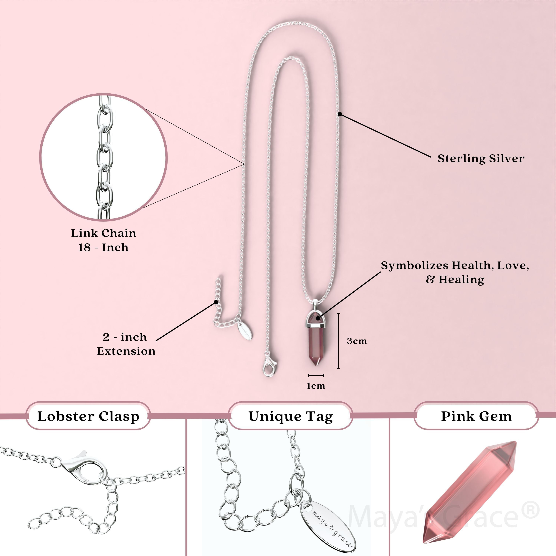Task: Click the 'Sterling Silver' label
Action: point(481,159)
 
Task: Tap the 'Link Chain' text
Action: point(104,233)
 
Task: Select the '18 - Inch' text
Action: point(104,247)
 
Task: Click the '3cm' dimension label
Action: point(357,341)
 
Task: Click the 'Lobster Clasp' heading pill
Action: point(88,416)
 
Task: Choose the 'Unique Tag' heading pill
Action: point(291,416)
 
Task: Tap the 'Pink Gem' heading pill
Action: point(476,416)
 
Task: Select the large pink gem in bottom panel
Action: point(469,492)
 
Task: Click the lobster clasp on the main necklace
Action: point(269,367)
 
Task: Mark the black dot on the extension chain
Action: point(216,302)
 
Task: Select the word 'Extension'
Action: point(126,351)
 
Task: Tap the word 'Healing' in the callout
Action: point(461,280)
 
